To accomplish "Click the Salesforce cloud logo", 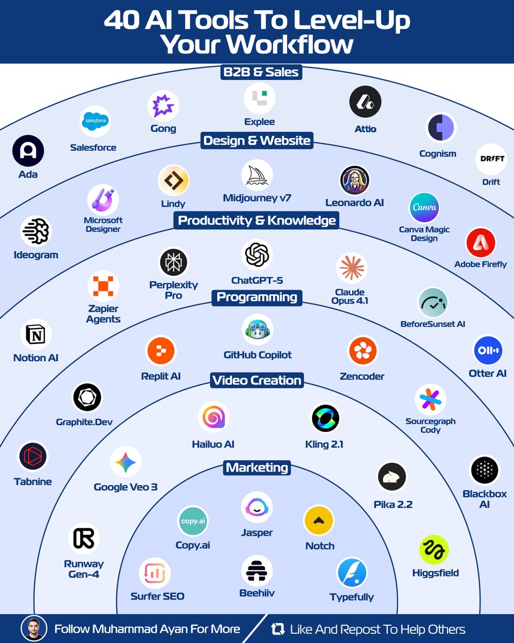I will [95, 122].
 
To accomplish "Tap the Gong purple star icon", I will [163, 106].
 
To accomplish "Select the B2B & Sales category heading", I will [260, 72].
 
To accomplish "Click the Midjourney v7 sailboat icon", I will [257, 175].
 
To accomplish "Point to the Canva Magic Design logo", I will [424, 207].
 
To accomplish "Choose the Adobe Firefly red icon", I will [480, 243].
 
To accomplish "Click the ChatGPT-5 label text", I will [257, 280].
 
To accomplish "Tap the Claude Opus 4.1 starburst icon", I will [351, 267].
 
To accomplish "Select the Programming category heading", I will [257, 297].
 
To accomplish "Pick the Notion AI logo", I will [36, 335].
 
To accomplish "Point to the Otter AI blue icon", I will [488, 350].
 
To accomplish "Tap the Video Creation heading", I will [257, 380].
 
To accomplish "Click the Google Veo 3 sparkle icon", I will [125, 462].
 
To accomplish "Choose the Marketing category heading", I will [257, 468].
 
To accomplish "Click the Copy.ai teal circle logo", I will [193, 521].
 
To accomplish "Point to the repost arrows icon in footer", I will [277, 629].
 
